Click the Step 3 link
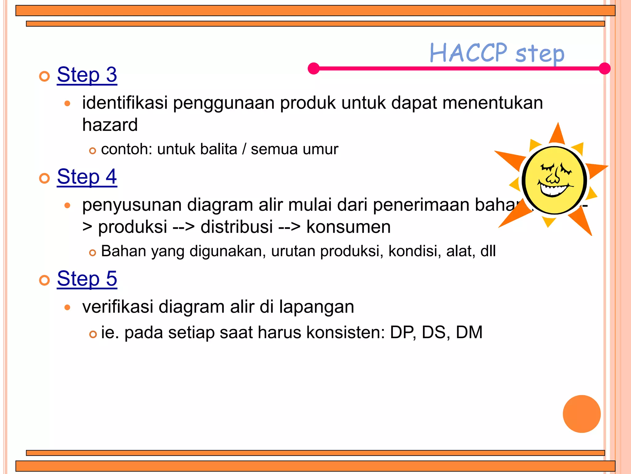pyautogui.click(x=87, y=75)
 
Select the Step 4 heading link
pyautogui.click(x=87, y=177)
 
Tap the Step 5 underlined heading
pyautogui.click(x=87, y=279)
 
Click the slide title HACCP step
pyautogui.click(x=497, y=53)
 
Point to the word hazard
pyautogui.click(x=110, y=125)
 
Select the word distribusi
pyautogui.click(x=237, y=227)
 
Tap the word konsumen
pyautogui.click(x=348, y=227)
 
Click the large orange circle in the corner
pyautogui.click(x=581, y=414)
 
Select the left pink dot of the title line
pyautogui.click(x=314, y=68)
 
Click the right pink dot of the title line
pyautogui.click(x=605, y=68)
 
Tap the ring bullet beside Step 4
pyautogui.click(x=45, y=178)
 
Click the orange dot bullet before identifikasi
pyautogui.click(x=67, y=104)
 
